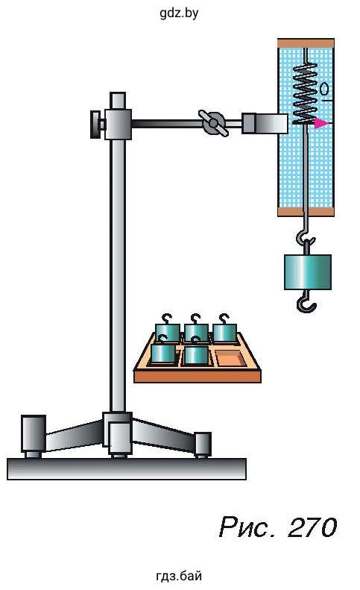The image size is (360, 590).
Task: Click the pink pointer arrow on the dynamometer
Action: pyautogui.click(x=320, y=122)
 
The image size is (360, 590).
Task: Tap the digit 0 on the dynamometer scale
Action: pyautogui.click(x=324, y=90)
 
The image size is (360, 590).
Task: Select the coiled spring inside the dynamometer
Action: pyautogui.click(x=305, y=93)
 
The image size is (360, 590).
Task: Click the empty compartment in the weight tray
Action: pyautogui.click(x=230, y=359)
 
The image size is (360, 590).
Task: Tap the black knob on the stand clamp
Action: pyautogui.click(x=97, y=124)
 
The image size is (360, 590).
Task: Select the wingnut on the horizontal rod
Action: pyautogui.click(x=213, y=123)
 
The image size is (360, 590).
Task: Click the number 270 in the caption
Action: pyautogui.click(x=312, y=527)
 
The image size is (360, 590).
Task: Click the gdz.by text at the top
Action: pyautogui.click(x=179, y=13)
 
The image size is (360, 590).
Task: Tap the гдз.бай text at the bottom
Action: pyautogui.click(x=179, y=576)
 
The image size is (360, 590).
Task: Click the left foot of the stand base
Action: pyautogui.click(x=33, y=436)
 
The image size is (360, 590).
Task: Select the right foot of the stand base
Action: pyautogui.click(x=203, y=445)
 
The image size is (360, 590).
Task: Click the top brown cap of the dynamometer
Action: pyautogui.click(x=306, y=43)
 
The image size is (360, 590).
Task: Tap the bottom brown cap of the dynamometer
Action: pyautogui.click(x=306, y=212)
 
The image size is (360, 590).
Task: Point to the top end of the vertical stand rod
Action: pyautogui.click(x=118, y=93)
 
